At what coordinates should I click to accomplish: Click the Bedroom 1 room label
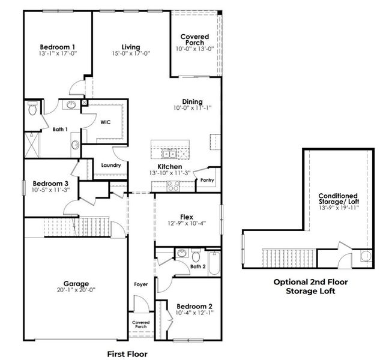[x=57, y=47]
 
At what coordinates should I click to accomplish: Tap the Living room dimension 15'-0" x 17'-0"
[x=130, y=54]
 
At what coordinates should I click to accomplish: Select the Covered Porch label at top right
[x=195, y=40]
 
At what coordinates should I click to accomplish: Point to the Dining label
[x=192, y=101]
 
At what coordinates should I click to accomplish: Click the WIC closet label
[x=105, y=121]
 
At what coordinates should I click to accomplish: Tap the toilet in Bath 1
[x=32, y=109]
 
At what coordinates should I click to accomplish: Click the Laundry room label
[x=111, y=165]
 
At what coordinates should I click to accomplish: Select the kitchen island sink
[x=170, y=154]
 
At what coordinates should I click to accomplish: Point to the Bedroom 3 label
[x=50, y=183]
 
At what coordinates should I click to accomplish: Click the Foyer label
[x=141, y=284]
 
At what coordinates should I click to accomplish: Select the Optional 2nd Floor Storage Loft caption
[x=310, y=286]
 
